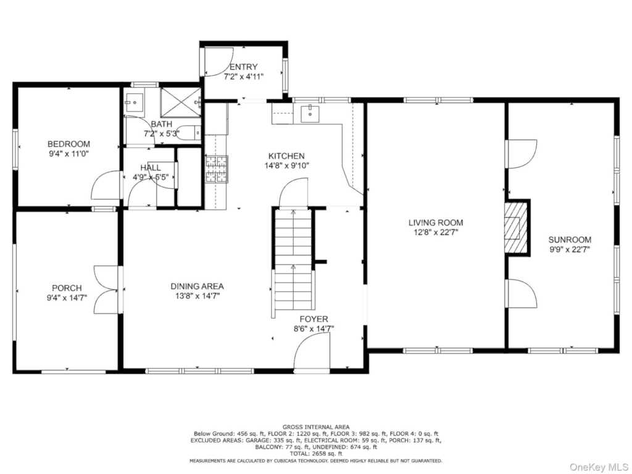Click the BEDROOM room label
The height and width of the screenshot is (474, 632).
coord(69,144)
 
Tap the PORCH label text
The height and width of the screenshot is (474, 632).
coord(67,288)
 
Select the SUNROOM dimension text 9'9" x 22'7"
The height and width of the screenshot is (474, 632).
coord(570,249)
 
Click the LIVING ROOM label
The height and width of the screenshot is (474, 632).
coord(436,222)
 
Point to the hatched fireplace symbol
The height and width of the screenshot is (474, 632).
coord(515,227)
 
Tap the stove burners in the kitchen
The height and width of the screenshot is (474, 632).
coord(217,169)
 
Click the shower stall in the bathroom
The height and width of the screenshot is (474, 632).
coord(181,102)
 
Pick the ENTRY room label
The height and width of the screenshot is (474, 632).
coord(243,67)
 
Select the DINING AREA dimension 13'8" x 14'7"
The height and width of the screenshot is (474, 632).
coord(197,296)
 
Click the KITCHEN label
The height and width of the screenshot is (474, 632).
coord(286,156)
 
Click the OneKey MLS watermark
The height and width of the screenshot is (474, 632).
coord(599,467)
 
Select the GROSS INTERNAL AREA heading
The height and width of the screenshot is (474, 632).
coord(316,427)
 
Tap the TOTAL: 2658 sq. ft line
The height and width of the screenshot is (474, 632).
coord(316,454)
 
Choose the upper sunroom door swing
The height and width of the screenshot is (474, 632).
coord(522,154)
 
